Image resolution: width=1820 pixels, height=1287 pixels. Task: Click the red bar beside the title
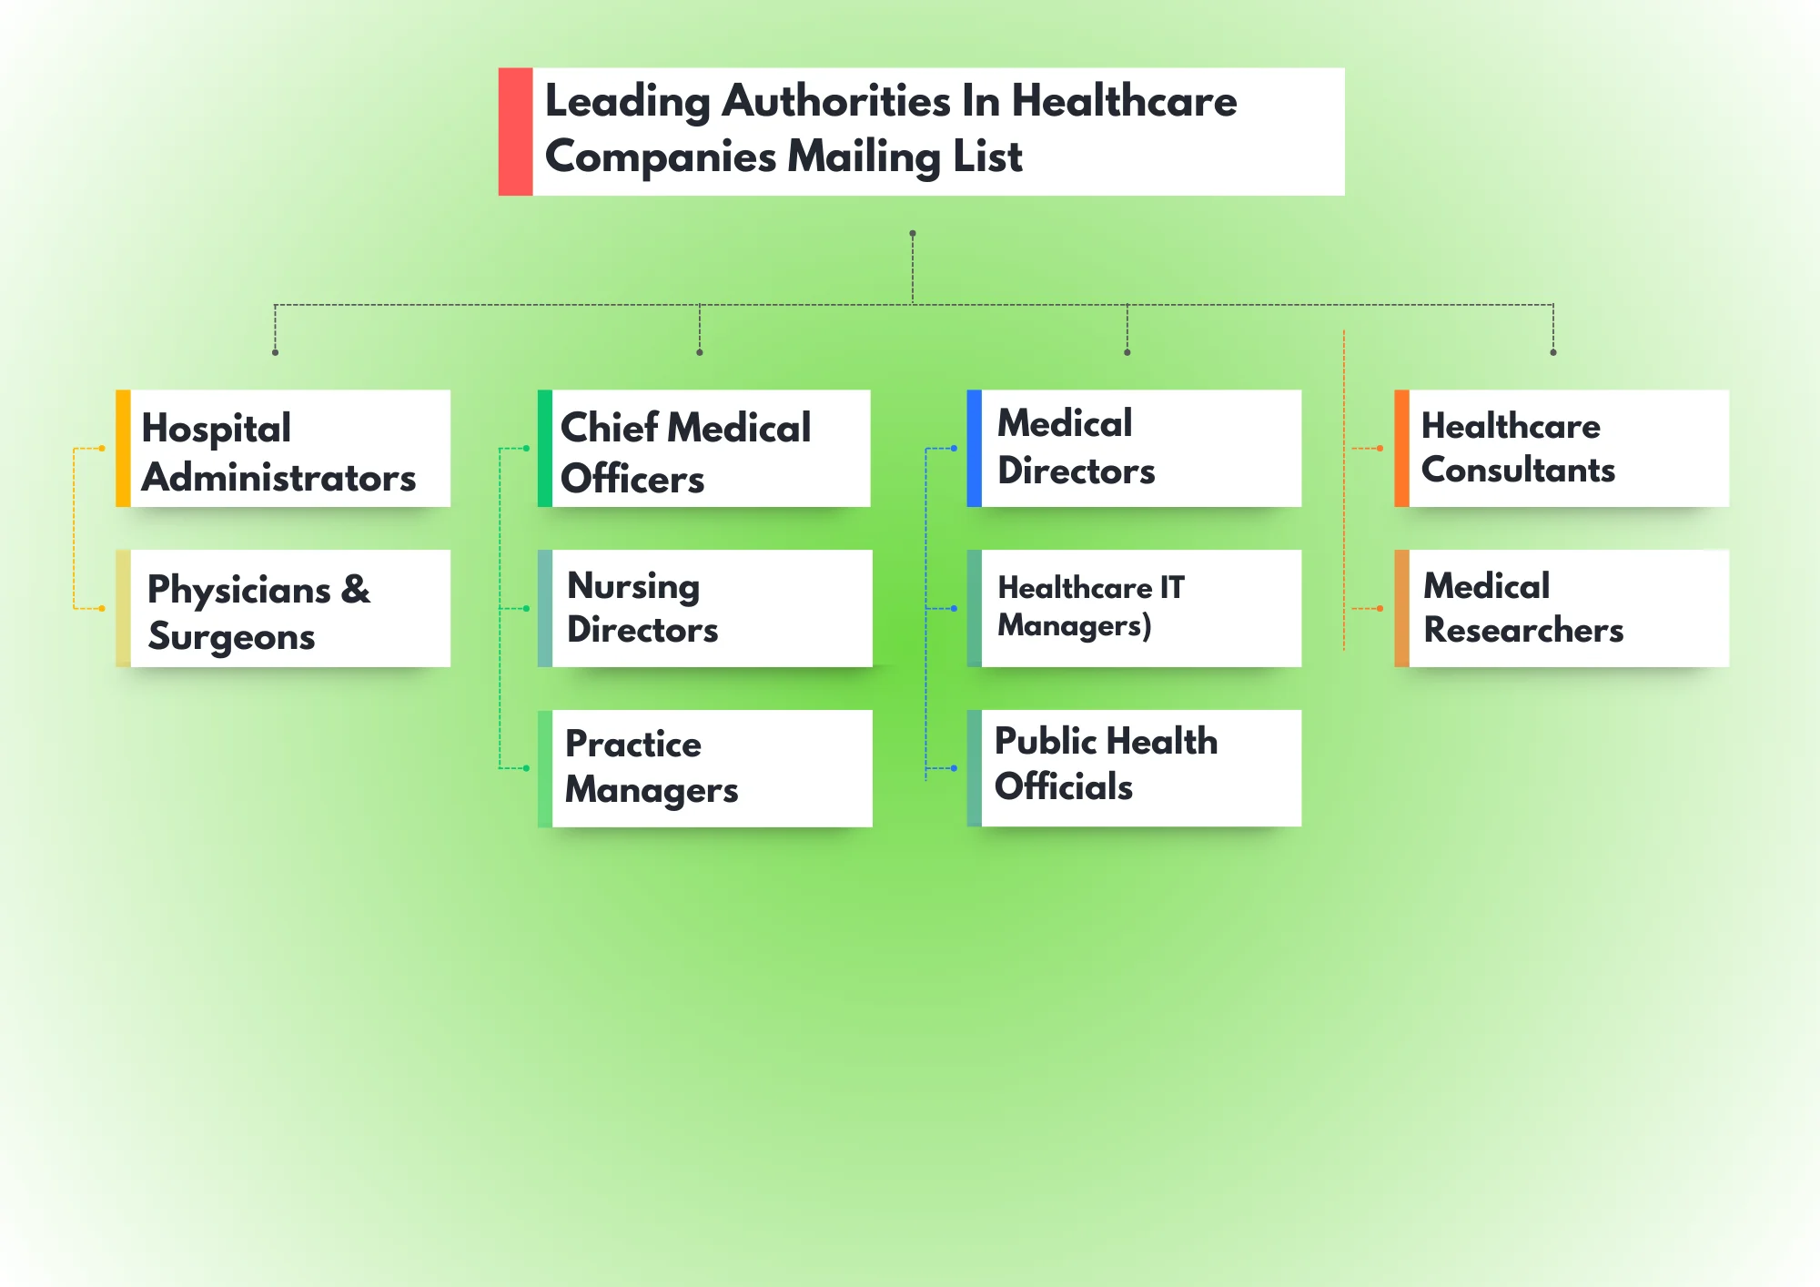click(x=515, y=131)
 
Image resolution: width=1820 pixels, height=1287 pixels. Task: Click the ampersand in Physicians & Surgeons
click(x=356, y=590)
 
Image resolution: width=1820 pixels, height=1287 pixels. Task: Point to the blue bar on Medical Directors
click(x=974, y=449)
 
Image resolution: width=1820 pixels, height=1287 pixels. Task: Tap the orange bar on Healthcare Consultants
click(x=1401, y=449)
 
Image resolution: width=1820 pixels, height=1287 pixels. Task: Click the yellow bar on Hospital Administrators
click(x=123, y=449)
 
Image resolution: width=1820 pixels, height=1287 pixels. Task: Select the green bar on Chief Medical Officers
click(x=544, y=449)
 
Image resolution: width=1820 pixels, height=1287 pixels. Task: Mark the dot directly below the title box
click(x=913, y=234)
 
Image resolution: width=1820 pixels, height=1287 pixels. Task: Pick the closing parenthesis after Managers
click(x=1147, y=626)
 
